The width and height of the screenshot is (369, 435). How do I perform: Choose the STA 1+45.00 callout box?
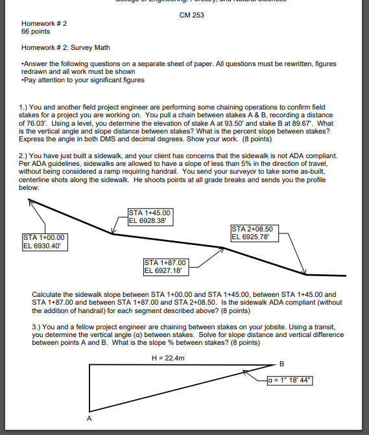tap(150, 216)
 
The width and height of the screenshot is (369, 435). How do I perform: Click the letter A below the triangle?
tap(89, 418)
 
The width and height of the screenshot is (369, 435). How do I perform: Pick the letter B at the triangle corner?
tap(281, 363)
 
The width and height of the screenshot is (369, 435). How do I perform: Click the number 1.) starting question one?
tap(25, 106)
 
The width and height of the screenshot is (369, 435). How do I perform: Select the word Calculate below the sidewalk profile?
tap(46, 294)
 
